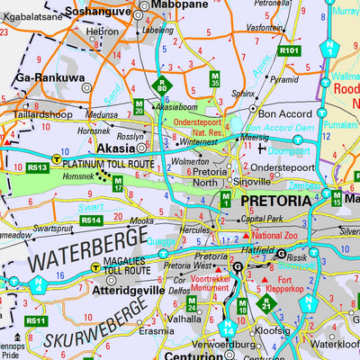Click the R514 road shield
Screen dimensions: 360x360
click(x=90, y=220)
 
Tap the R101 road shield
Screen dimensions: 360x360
click(x=289, y=50)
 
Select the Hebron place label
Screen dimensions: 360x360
click(x=102, y=31)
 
